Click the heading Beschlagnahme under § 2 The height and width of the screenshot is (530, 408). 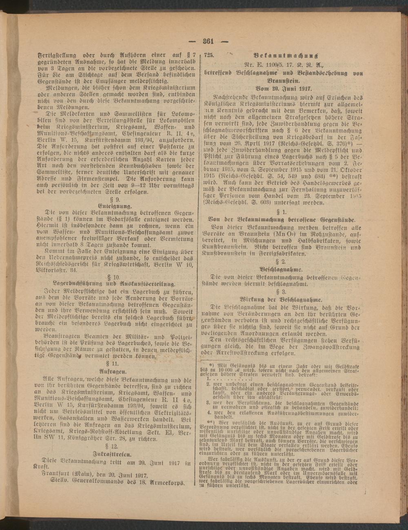[281, 270]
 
